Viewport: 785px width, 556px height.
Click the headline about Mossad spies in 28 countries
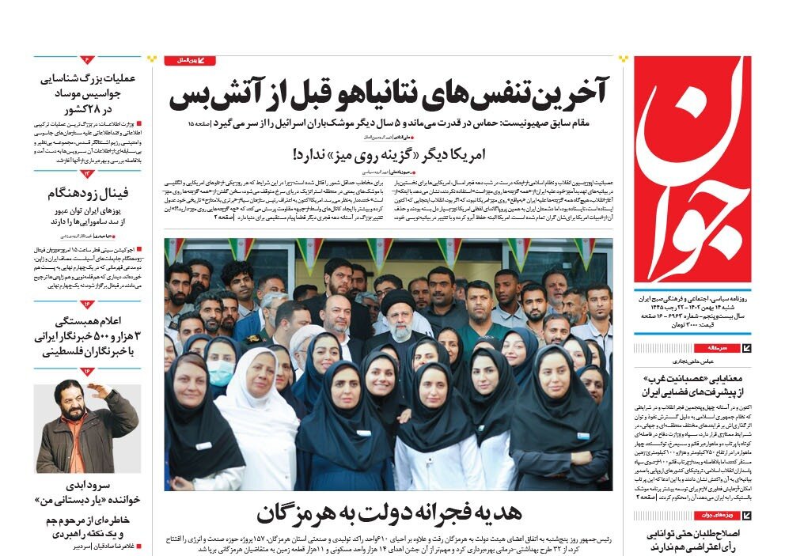click(87, 93)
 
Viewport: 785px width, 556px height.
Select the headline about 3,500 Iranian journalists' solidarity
click(87, 336)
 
